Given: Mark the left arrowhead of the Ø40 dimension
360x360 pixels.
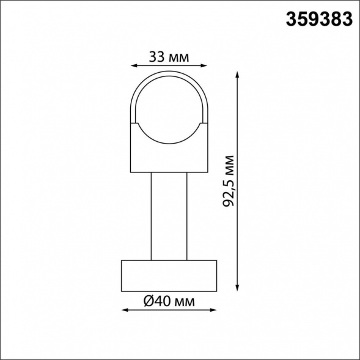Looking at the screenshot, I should pos(125,310).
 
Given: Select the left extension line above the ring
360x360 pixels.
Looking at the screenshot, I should pos(131,92).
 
